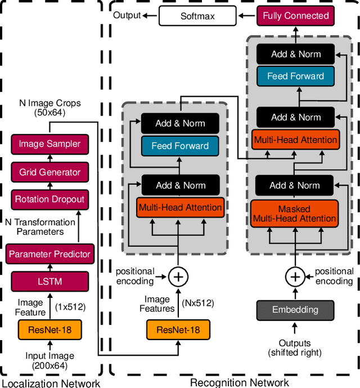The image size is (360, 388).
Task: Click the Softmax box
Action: pyautogui.click(x=197, y=16)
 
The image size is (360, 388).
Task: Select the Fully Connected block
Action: pyautogui.click(x=295, y=16)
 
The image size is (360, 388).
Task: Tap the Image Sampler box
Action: pyautogui.click(x=49, y=144)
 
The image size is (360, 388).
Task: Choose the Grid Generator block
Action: pyautogui.click(x=49, y=172)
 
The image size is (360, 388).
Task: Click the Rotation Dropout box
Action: pyautogui.click(x=49, y=199)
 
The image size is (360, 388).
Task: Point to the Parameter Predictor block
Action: pyautogui.click(x=49, y=254)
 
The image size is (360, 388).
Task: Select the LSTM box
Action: pyautogui.click(x=49, y=280)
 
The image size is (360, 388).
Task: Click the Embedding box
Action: pyautogui.click(x=295, y=309)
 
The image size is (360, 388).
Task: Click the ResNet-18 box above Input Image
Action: pyautogui.click(x=49, y=329)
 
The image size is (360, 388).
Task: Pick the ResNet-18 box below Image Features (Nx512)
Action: pyautogui.click(x=178, y=329)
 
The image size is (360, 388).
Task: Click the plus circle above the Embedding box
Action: pyautogui.click(x=294, y=276)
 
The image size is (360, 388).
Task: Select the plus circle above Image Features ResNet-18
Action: pyautogui.click(x=178, y=276)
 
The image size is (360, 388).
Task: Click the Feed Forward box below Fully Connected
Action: pyautogui.click(x=295, y=76)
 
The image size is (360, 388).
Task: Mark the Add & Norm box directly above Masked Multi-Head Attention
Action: pyautogui.click(x=294, y=185)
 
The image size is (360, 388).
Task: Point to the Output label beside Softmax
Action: pyautogui.click(x=127, y=15)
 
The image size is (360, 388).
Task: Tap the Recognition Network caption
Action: pyautogui.click(x=239, y=383)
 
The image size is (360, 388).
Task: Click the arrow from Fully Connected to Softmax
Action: pyautogui.click(x=247, y=16)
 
